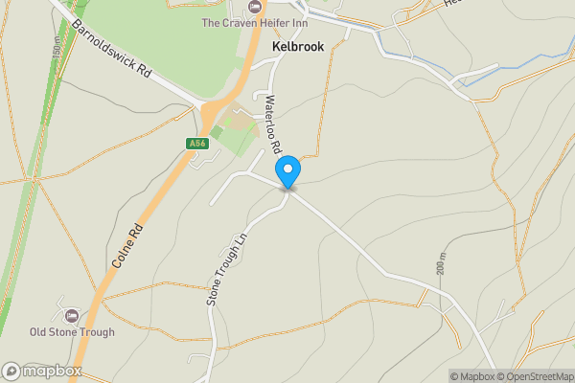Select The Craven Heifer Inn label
253,22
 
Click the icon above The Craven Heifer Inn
253,7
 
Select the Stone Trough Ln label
226,270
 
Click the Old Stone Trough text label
72,332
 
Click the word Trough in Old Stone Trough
97,332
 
